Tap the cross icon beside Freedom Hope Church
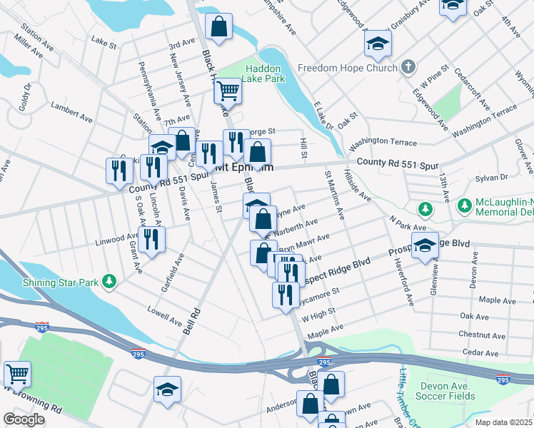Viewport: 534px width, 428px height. point(408,68)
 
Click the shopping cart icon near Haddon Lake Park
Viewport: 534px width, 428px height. point(228,90)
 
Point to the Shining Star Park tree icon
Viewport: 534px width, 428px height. point(109,282)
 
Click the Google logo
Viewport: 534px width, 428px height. point(24,419)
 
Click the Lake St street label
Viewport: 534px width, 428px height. point(104,44)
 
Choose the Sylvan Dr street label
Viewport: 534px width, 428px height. point(492,176)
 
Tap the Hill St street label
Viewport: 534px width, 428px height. point(303,150)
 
